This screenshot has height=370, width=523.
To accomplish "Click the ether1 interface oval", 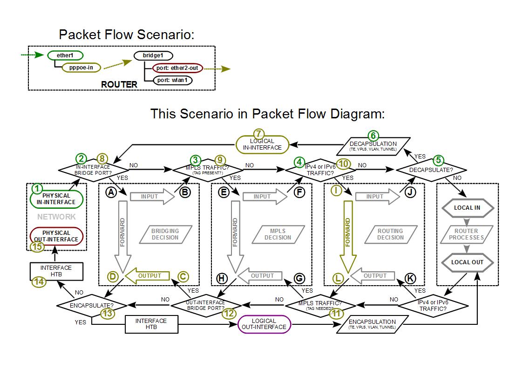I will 65,55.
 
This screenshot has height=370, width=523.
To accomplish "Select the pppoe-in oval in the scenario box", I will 81,68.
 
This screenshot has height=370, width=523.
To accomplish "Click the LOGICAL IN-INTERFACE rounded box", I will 262,144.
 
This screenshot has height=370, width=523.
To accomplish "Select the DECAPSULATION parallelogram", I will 373,146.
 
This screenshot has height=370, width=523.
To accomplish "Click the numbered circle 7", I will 259,133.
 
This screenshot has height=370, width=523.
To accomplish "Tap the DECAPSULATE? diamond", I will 431,170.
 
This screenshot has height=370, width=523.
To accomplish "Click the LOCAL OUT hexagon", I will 467,262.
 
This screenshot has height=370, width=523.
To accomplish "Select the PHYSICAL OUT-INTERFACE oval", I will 56,236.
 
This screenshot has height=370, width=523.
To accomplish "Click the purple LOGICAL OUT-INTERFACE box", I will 264,324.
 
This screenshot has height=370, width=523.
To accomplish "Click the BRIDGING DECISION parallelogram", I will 165,234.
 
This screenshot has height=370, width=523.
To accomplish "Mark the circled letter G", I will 299,278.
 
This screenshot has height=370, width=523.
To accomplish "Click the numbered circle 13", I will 108,313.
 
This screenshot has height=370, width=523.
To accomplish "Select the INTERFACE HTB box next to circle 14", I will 56,271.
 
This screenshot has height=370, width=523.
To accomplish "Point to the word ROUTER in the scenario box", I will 119,84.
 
